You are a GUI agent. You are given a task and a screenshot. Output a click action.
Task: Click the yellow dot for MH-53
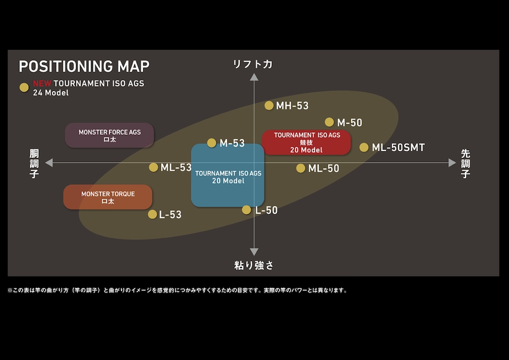pyautogui.click(x=269, y=105)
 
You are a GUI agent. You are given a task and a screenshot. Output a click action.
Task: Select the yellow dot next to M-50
pyautogui.click(x=329, y=122)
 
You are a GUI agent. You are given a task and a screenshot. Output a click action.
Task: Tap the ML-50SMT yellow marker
pyautogui.click(x=364, y=147)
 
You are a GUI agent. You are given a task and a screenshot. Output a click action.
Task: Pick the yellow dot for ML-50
pyautogui.click(x=301, y=168)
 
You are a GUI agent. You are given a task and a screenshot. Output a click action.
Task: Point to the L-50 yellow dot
pyautogui.click(x=247, y=210)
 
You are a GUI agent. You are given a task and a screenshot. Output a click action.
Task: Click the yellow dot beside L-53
pyautogui.click(x=152, y=214)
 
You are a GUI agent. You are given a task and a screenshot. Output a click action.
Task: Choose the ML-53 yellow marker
pyautogui.click(x=153, y=167)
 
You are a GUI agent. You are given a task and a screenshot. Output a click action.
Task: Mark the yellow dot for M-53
pyautogui.click(x=212, y=143)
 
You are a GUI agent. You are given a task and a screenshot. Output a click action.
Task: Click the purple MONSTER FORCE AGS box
pyautogui.click(x=109, y=135)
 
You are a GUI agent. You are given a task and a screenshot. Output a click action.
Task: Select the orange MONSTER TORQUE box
pyautogui.click(x=108, y=197)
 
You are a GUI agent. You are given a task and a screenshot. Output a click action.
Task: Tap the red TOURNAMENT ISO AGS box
pyautogui.click(x=306, y=142)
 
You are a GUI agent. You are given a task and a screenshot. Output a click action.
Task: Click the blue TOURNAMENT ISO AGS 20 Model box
pyautogui.click(x=228, y=176)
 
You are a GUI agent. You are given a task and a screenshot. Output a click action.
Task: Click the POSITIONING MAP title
pyautogui.click(x=84, y=66)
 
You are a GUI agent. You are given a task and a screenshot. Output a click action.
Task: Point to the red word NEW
pyautogui.click(x=42, y=84)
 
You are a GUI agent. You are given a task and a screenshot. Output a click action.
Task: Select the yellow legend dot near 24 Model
pyautogui.click(x=24, y=88)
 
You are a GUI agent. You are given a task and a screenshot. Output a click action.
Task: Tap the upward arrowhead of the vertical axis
pyautogui.click(x=254, y=77)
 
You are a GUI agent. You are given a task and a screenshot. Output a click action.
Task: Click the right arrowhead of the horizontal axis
pyautogui.click(x=452, y=163)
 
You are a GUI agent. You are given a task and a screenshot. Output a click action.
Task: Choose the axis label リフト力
pyautogui.click(x=253, y=64)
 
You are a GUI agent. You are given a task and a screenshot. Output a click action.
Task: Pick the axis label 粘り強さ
pyautogui.click(x=254, y=265)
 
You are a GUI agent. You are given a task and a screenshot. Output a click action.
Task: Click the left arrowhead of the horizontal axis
pyautogui.click(x=49, y=163)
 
